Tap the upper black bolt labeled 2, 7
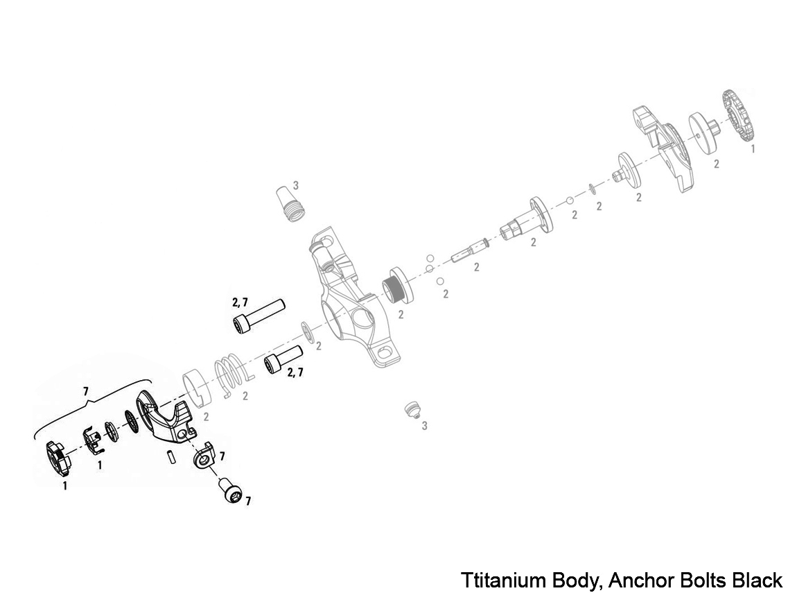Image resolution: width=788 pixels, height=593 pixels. coord(257,316)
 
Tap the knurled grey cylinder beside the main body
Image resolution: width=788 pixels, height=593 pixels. coord(397,285)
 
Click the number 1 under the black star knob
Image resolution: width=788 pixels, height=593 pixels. coord(64,486)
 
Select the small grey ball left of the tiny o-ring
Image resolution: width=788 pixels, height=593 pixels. coord(569,200)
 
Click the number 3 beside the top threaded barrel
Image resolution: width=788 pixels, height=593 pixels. coord(295,185)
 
